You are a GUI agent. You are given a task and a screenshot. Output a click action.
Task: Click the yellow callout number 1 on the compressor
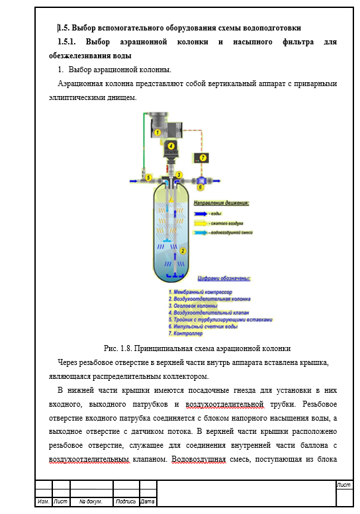point(157,132)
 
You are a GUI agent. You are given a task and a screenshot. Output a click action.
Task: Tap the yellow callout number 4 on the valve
point(171,146)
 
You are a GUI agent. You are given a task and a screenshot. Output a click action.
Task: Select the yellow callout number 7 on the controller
point(203,157)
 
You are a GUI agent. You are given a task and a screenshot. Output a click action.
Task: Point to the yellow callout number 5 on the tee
point(149,178)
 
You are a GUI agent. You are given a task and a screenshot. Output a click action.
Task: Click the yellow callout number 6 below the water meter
point(200,187)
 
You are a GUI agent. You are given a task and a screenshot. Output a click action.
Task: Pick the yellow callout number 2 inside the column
point(183,251)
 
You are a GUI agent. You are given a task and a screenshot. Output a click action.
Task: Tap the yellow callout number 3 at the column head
point(179,174)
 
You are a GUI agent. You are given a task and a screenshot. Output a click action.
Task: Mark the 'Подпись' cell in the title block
point(125,501)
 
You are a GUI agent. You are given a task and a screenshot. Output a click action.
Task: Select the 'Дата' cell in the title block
point(148,501)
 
